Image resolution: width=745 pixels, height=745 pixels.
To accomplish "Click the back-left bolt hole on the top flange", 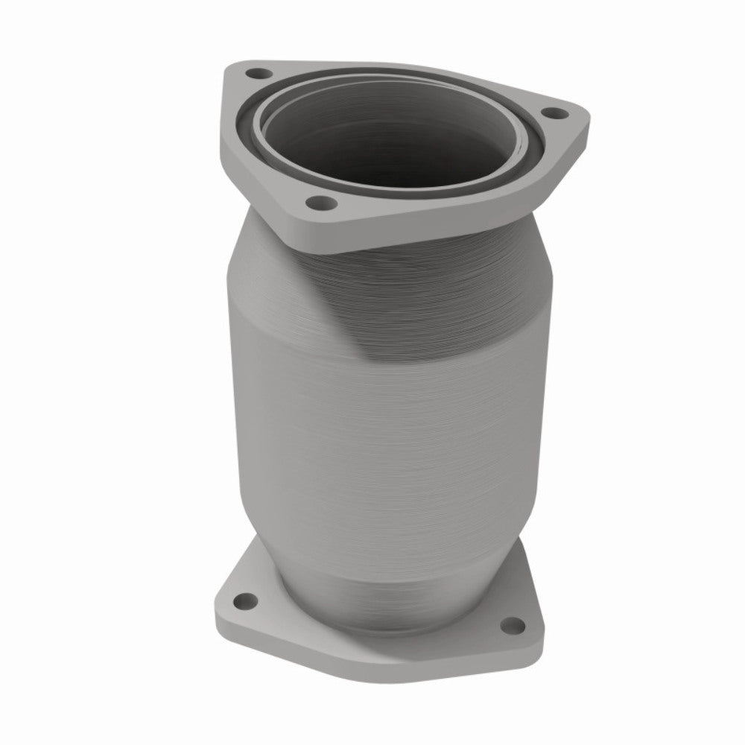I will coord(259,74).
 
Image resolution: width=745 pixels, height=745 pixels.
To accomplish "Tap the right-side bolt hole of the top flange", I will coord(552,113).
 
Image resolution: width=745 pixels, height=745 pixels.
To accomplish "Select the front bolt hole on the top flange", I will coord(319,201).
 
